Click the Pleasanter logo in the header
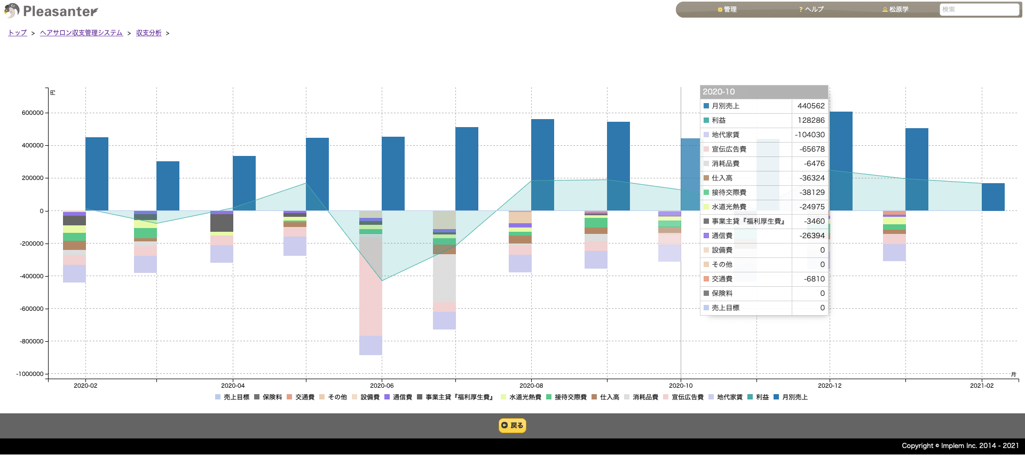pos(51,11)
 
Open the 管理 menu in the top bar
pos(727,10)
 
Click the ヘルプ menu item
pos(811,10)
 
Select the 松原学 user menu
pos(895,10)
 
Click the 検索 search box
pos(979,10)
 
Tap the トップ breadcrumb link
pos(18,33)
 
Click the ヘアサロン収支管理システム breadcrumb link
pos(81,33)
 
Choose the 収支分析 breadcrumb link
pos(149,33)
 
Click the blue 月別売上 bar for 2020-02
pos(97,174)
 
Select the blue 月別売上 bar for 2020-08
pos(542,165)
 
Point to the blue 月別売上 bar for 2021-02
pos(993,197)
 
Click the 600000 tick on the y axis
pos(33,113)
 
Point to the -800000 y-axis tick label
pos(31,341)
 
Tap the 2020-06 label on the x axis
pos(382,386)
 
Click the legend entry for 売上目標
pos(232,397)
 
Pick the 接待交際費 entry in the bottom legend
pos(566,397)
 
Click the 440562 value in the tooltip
pos(811,106)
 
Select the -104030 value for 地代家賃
pos(810,135)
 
